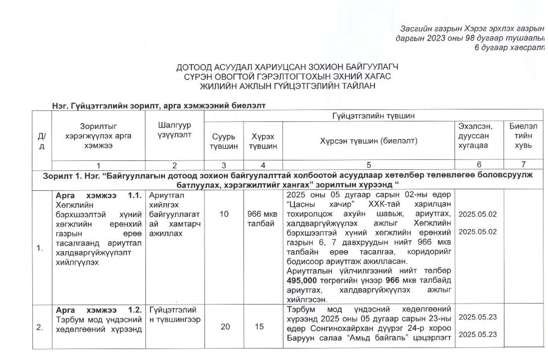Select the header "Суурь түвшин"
tap(224, 141)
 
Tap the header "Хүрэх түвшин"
tap(263, 141)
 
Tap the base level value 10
tap(224, 214)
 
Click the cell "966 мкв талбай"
tap(263, 219)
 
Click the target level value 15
tap(263, 327)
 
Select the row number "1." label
tap(40, 248)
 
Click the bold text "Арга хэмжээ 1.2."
tap(98, 310)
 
